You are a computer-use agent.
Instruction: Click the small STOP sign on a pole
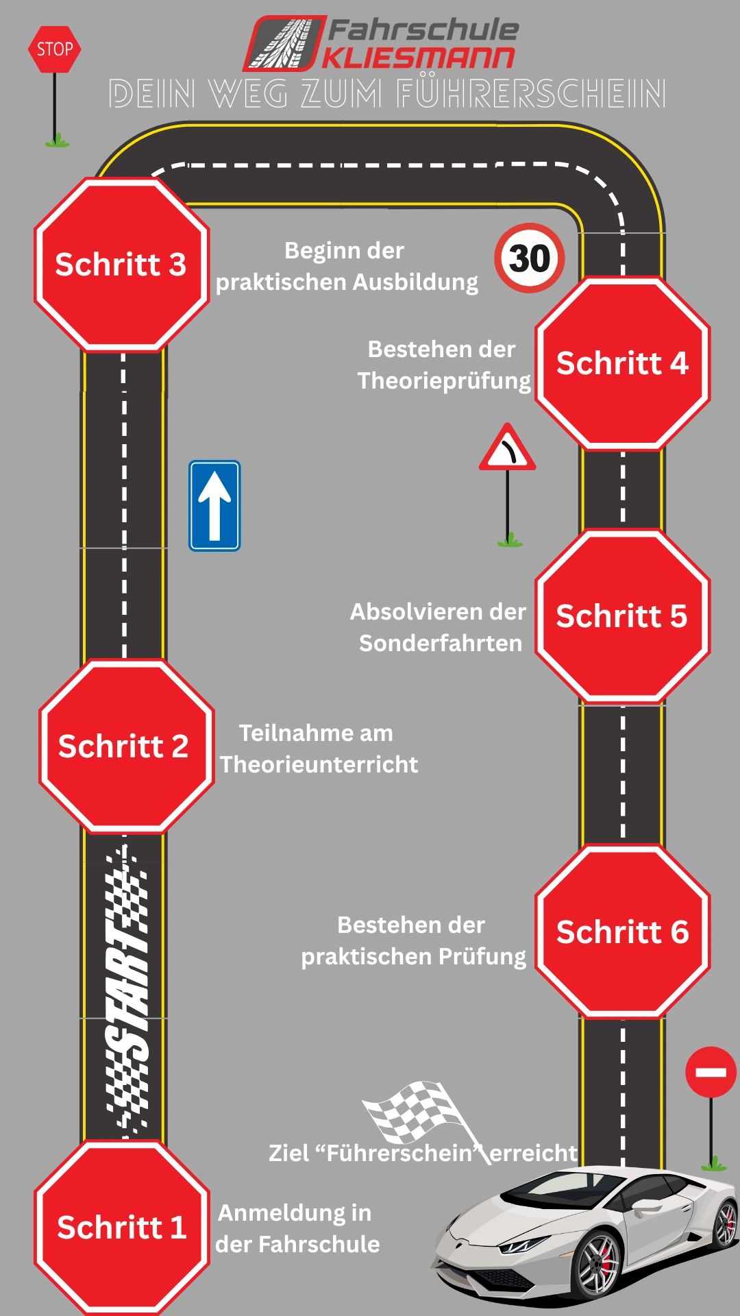point(54,49)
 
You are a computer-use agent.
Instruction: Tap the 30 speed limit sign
point(530,258)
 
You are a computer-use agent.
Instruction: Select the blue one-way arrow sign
point(214,506)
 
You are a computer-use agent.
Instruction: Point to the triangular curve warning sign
point(507,448)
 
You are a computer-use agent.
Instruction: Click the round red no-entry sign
point(711,1071)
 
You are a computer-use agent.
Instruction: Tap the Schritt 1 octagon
point(122,1228)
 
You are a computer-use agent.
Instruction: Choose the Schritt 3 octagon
point(122,265)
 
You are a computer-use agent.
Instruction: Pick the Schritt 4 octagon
point(623,363)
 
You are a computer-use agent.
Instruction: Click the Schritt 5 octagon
point(623,616)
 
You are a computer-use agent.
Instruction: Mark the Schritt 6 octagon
point(623,932)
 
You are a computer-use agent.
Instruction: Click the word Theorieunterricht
point(319,764)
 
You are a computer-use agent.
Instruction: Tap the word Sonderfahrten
point(441,643)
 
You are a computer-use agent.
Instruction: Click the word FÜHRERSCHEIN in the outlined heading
point(532,94)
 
